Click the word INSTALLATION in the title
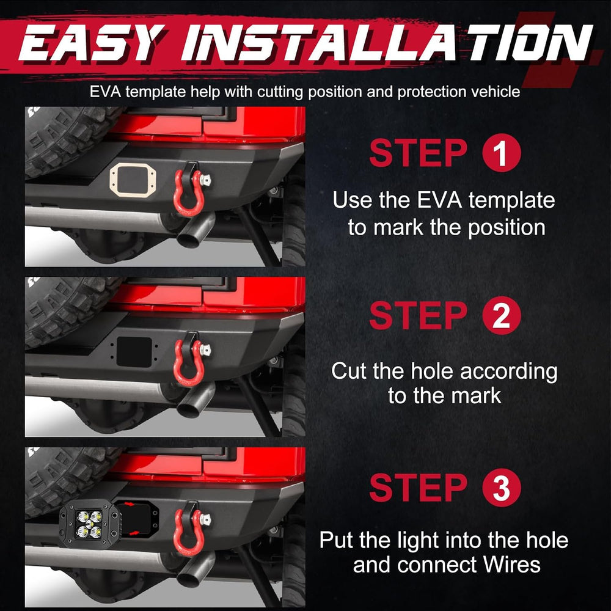[x=387, y=43]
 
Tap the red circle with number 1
[x=502, y=152]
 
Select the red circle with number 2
[x=502, y=315]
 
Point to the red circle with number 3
[x=502, y=488]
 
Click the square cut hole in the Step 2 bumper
[x=134, y=352]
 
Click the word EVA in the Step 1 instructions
[x=439, y=200]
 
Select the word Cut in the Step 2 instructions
[x=349, y=371]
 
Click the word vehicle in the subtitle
[x=496, y=92]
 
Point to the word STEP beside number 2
[x=418, y=316]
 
